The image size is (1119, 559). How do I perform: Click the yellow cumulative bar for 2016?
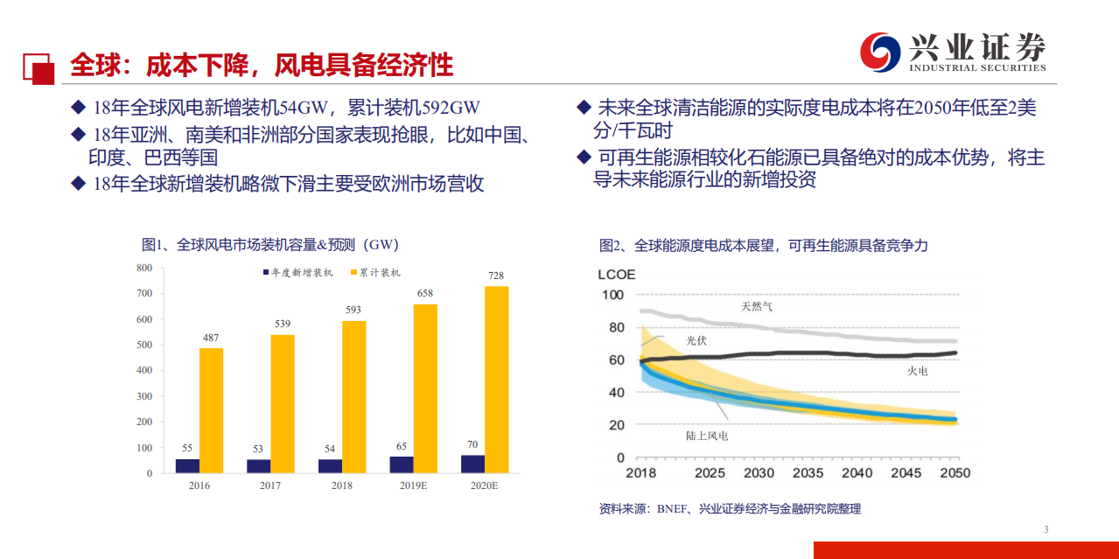click(x=211, y=410)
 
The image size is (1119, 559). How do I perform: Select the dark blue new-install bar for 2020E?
click(x=472, y=464)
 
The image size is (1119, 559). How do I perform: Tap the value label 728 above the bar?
click(x=496, y=276)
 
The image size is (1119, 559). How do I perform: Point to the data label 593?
click(x=353, y=311)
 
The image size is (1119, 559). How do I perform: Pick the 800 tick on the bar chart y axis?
click(x=144, y=268)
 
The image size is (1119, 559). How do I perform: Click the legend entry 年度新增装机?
click(x=297, y=273)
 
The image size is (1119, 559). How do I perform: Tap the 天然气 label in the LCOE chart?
click(x=757, y=306)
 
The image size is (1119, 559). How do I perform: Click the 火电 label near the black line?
click(x=917, y=371)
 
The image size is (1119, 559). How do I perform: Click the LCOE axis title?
click(x=617, y=275)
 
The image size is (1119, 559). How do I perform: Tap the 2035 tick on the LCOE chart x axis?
click(x=808, y=473)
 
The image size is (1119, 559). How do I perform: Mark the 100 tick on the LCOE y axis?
click(x=613, y=295)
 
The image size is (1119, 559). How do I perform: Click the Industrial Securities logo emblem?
click(x=880, y=52)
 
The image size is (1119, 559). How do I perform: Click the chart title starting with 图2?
click(x=763, y=246)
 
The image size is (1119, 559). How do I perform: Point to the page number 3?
click(x=1046, y=529)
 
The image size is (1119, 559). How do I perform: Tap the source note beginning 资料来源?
click(x=730, y=508)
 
